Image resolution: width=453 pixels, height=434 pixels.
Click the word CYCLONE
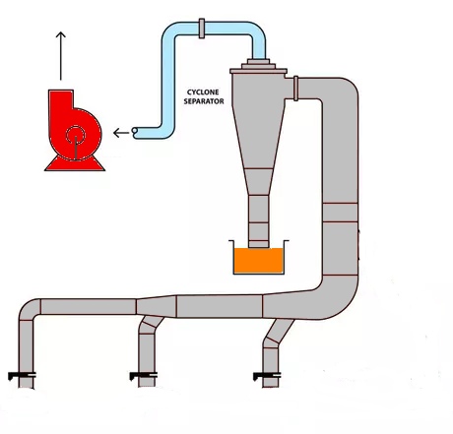(203, 93)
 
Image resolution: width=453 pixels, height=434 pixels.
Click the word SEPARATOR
(204, 101)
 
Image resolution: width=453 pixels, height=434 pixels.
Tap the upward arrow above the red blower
(60, 56)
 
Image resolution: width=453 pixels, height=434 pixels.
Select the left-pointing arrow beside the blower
(121, 133)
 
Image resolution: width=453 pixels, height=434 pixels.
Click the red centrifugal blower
(74, 130)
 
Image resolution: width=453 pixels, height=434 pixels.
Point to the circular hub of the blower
(76, 135)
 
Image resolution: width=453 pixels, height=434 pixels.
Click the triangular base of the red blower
(75, 163)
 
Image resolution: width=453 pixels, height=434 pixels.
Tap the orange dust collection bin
(258, 260)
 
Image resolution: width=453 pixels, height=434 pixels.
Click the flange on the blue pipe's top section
(202, 29)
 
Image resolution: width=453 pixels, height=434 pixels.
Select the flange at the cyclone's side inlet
(295, 89)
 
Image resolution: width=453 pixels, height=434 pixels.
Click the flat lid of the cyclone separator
(258, 71)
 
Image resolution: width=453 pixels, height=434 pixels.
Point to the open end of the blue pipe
(135, 131)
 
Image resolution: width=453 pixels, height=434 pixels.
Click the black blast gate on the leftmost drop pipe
(22, 375)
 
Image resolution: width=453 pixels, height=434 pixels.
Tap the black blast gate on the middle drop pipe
(144, 375)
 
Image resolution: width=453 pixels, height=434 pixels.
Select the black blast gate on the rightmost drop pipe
(267, 375)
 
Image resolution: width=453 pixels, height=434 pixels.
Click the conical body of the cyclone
(259, 138)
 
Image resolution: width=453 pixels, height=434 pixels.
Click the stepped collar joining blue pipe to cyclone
(258, 64)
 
